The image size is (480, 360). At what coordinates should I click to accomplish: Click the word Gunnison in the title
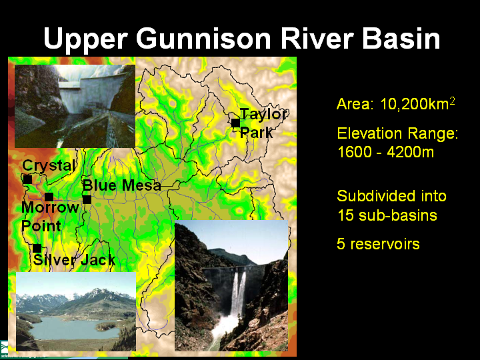point(203,38)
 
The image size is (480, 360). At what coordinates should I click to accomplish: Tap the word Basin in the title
point(401,38)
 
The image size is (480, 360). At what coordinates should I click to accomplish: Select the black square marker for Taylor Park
point(235,123)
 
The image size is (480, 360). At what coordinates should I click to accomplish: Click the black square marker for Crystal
point(27,180)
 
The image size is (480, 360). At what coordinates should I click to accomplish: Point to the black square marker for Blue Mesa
point(87,199)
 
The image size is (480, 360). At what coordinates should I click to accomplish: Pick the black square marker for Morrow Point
point(49,197)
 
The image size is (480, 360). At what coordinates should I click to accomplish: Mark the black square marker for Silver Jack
point(37,248)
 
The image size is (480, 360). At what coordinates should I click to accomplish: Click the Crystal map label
point(49,166)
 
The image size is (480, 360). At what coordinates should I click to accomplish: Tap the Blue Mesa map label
point(122,185)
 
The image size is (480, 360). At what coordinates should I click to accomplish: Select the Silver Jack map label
point(75,260)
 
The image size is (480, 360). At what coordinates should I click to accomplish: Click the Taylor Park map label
point(263,123)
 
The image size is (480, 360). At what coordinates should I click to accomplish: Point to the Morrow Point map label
point(50,217)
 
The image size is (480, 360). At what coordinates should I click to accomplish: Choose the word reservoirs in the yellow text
point(385,244)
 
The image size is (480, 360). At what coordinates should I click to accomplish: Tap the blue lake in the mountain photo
point(73,328)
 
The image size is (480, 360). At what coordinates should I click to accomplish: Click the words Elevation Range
point(397,134)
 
